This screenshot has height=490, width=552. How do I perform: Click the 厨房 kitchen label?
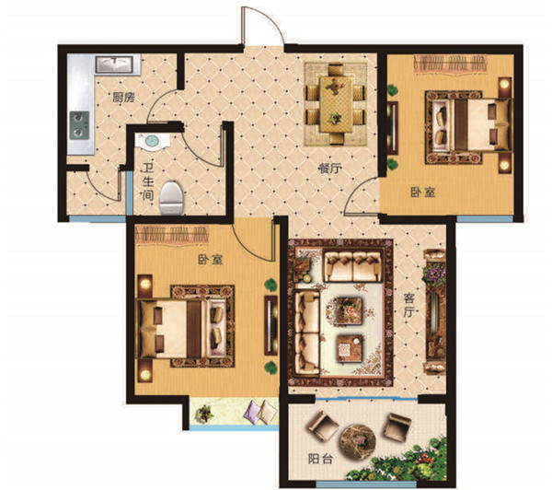[123, 98]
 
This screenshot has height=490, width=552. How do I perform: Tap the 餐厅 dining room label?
[329, 169]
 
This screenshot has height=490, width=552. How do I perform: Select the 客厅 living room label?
[408, 305]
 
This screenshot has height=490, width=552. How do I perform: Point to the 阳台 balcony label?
[320, 460]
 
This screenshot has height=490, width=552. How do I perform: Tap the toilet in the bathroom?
[172, 198]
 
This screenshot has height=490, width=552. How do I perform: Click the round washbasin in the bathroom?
[152, 142]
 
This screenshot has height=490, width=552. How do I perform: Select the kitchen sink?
[114, 64]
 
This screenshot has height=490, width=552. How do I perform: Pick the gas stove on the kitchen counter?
[79, 125]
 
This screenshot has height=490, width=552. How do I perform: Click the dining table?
[336, 104]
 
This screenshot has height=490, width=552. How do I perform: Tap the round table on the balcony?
[357, 442]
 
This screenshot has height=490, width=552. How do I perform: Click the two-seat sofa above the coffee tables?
[352, 266]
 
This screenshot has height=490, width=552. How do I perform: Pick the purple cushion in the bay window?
[252, 412]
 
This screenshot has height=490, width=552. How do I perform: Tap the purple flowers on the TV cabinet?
[435, 274]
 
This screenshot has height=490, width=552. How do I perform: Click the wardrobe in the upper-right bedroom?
[450, 64]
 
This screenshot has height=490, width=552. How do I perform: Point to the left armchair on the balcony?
[323, 426]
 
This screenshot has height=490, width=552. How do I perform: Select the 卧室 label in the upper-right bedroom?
[423, 192]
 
